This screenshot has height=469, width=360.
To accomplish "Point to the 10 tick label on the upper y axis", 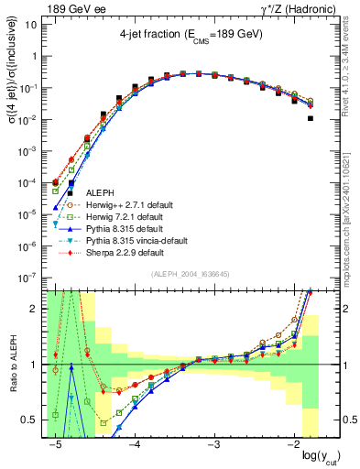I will tap(32, 24).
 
